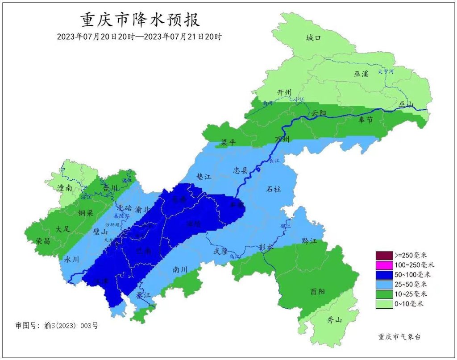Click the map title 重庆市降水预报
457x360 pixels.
[x=140, y=20]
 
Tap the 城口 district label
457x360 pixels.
[x=314, y=38]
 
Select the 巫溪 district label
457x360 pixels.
[x=361, y=74]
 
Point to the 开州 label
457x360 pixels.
[x=284, y=92]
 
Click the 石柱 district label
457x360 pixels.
[x=274, y=189]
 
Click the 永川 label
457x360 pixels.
[x=72, y=259]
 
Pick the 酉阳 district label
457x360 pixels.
[x=317, y=291]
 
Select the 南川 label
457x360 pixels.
[x=179, y=269]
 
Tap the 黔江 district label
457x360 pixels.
[x=309, y=241]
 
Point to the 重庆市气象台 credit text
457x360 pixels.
[x=399, y=337]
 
